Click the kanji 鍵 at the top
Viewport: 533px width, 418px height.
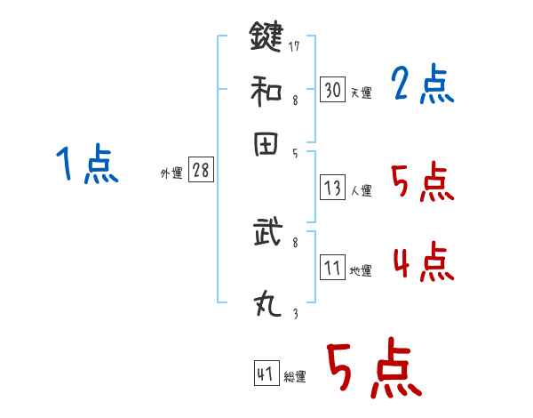pos(266,37)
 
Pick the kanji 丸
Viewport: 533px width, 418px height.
pos(266,306)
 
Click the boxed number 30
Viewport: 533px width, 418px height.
pos(333,90)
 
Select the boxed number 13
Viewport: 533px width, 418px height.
pos(333,188)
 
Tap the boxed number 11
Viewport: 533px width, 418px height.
pos(333,268)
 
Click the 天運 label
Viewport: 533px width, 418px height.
pos(361,92)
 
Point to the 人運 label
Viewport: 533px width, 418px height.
pos(361,190)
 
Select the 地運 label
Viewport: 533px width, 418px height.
pos(361,270)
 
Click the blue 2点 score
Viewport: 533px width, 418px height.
pos(423,86)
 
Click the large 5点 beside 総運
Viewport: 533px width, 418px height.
pos(373,368)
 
